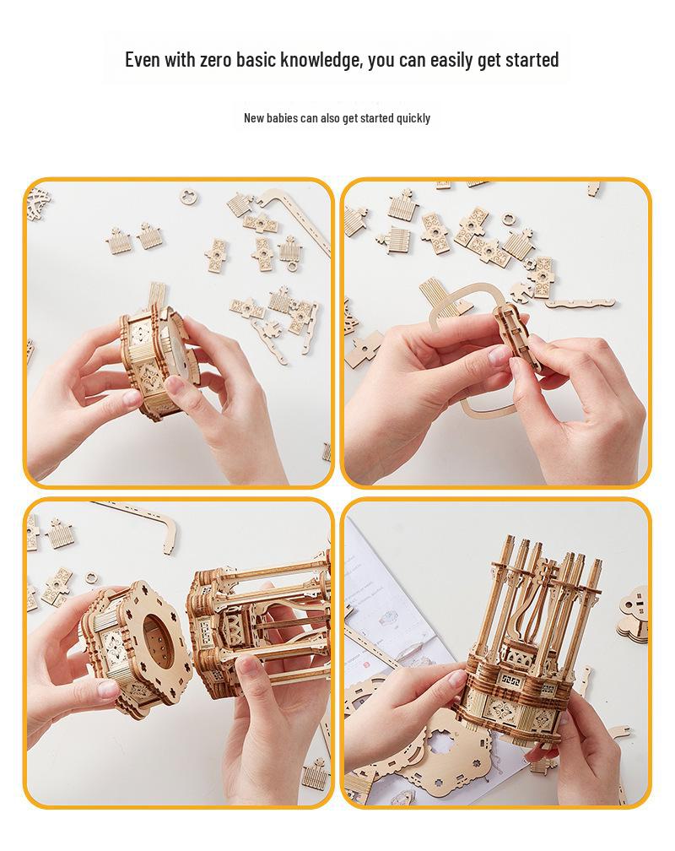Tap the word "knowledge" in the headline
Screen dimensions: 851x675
click(x=319, y=60)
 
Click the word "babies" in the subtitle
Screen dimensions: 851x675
click(x=283, y=118)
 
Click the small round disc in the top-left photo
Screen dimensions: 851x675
click(x=189, y=198)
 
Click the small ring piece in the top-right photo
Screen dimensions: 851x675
click(x=508, y=220)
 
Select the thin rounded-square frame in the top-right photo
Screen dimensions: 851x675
click(x=472, y=355)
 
